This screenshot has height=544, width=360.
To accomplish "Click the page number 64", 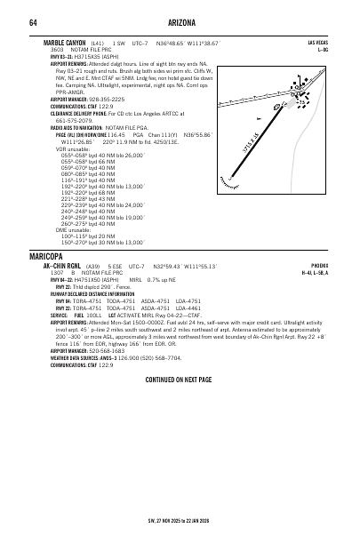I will (x=32, y=21).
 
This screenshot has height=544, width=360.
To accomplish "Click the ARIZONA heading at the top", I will (x=180, y=21).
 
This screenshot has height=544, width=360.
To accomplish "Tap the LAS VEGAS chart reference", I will (x=317, y=43).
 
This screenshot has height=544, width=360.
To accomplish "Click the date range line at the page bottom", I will (x=180, y=521).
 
